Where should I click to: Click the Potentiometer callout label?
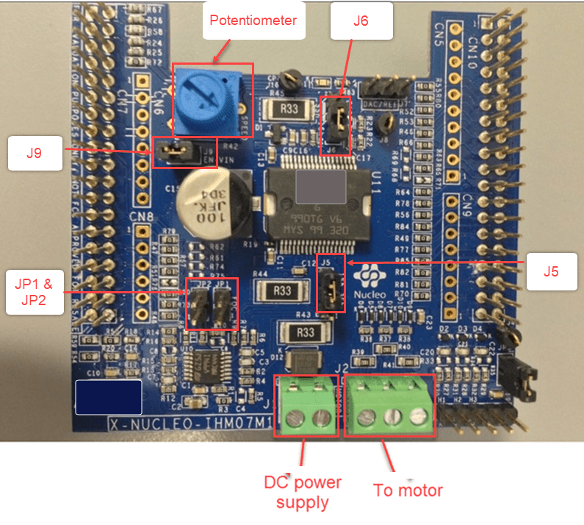click(253, 21)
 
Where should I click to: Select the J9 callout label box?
click(35, 153)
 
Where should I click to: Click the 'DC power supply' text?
click(302, 493)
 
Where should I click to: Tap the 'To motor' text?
click(408, 490)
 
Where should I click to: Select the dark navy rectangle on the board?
click(108, 397)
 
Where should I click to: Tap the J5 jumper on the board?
click(330, 282)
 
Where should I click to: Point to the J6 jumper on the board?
click(338, 116)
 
